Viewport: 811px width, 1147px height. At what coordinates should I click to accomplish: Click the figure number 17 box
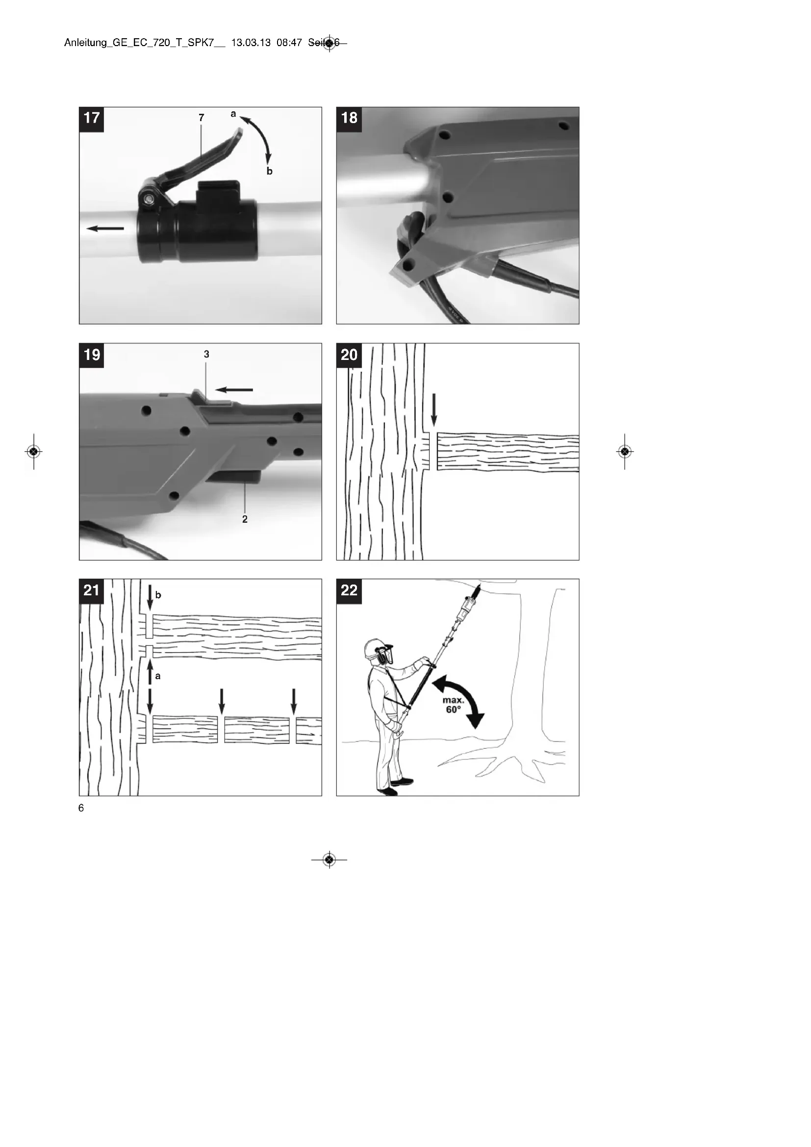(x=91, y=119)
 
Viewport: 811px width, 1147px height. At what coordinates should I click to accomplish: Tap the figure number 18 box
(x=349, y=119)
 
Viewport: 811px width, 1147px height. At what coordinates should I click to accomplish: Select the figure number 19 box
(x=91, y=355)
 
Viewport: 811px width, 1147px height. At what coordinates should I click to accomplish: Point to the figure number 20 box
(x=349, y=355)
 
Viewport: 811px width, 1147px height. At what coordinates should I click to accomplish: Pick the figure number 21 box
(x=91, y=591)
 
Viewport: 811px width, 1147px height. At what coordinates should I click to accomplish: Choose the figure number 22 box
(x=349, y=591)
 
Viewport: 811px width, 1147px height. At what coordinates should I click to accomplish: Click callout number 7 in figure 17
(x=201, y=118)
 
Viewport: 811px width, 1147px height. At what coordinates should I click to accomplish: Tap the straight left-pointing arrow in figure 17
(x=105, y=229)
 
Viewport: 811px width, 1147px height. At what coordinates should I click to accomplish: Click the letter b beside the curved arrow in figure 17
(x=270, y=171)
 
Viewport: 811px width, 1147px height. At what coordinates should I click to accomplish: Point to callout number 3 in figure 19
(x=206, y=354)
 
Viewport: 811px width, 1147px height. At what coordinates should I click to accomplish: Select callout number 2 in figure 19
(x=245, y=519)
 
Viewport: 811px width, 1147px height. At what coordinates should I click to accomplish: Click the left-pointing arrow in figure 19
(x=234, y=390)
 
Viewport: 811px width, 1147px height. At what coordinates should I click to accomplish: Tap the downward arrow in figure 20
(x=433, y=410)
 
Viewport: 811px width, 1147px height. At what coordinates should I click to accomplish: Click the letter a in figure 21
(x=158, y=676)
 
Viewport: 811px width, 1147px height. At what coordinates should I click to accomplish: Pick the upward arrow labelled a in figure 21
(x=150, y=673)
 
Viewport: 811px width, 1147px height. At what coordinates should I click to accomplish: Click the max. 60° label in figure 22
(x=453, y=705)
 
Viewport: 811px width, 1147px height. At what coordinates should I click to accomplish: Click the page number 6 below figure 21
(x=81, y=808)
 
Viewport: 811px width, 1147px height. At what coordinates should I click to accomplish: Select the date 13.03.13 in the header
(x=251, y=43)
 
